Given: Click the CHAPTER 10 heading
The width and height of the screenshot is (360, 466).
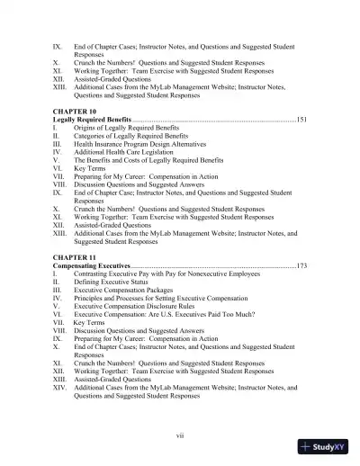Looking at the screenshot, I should click(x=77, y=109).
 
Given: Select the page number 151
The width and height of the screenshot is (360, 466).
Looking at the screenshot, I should click(x=301, y=119).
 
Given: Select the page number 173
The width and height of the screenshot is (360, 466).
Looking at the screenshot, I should click(x=301, y=266).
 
